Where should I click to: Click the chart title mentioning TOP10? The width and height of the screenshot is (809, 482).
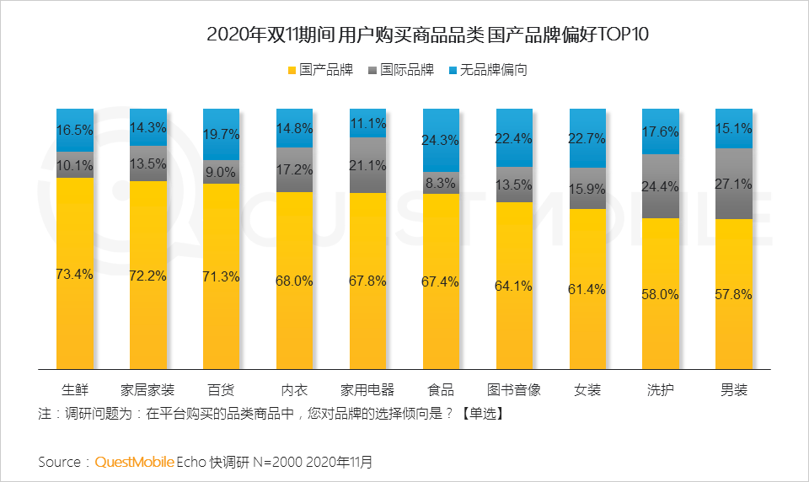(x=404, y=35)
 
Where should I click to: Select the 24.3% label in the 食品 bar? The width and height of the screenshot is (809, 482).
(x=441, y=140)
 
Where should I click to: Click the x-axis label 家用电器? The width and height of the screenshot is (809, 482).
(x=367, y=390)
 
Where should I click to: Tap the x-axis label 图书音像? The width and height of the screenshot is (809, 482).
(x=514, y=390)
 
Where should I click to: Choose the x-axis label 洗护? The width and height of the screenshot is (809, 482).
(x=661, y=390)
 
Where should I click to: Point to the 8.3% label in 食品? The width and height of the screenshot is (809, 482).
(x=441, y=182)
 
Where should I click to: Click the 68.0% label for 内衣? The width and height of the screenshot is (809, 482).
(x=295, y=281)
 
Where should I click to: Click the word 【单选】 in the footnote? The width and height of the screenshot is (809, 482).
(x=481, y=415)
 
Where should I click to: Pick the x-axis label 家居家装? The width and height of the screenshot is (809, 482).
(x=147, y=390)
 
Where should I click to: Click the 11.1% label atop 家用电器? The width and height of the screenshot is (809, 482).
(x=367, y=123)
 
